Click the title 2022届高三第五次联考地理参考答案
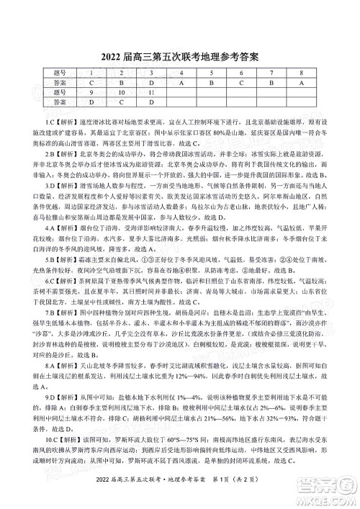click(179, 55)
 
